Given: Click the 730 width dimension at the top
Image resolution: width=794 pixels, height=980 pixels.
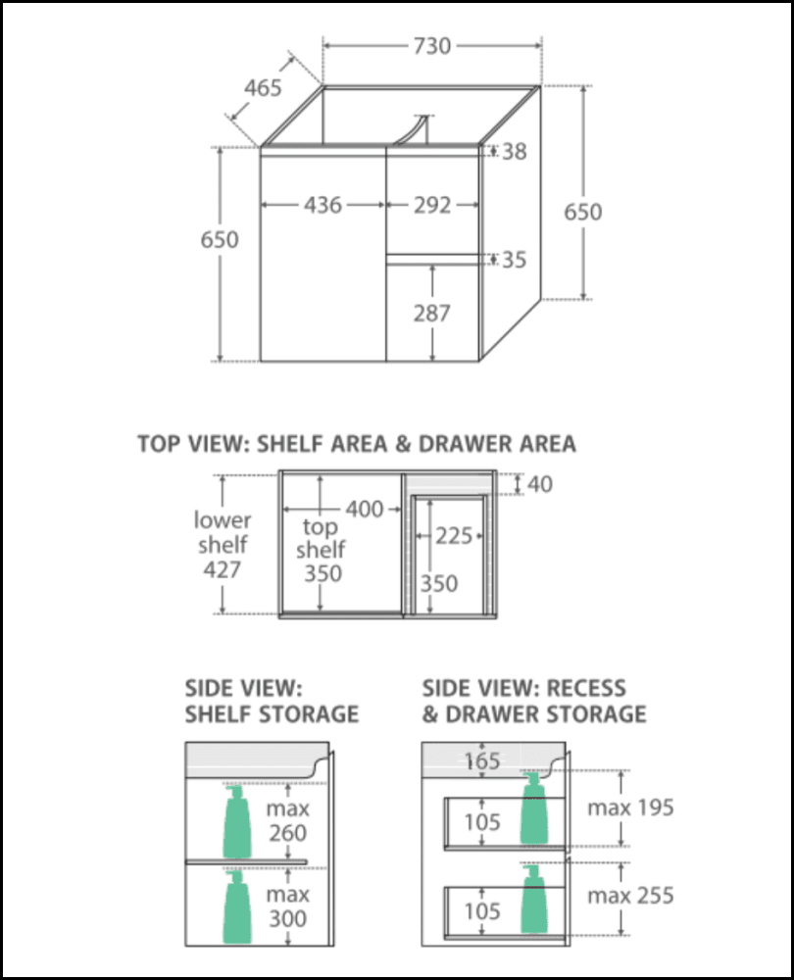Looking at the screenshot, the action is (x=432, y=46).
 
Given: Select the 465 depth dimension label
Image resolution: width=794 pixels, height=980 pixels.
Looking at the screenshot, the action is (x=263, y=87).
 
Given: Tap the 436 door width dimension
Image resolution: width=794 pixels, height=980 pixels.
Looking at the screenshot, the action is (x=323, y=205).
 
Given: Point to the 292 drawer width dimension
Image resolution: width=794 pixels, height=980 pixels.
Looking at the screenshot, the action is (x=432, y=205).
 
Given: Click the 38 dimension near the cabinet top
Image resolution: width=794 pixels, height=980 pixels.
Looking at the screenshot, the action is (x=515, y=151).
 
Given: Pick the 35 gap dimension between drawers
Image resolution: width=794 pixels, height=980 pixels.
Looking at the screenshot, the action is (x=515, y=260).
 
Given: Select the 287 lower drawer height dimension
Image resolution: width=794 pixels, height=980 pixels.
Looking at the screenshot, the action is (x=432, y=314).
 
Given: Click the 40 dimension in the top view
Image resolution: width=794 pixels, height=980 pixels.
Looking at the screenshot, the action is (x=540, y=484).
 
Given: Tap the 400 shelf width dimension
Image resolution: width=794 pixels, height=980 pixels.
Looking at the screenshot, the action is (x=365, y=510).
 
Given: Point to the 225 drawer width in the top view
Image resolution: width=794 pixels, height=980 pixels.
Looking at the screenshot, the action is (x=454, y=536).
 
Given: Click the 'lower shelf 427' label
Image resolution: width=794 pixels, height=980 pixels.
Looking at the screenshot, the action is (x=223, y=545).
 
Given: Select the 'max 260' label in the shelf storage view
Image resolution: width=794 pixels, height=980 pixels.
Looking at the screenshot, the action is (x=287, y=820).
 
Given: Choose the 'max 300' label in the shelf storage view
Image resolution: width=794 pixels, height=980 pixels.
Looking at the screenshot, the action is (x=287, y=906).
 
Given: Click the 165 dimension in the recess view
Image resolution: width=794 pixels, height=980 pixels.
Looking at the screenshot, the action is (x=482, y=761).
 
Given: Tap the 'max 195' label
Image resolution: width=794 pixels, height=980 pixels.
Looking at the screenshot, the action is (x=630, y=808).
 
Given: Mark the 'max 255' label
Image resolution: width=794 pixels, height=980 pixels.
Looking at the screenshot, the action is (x=630, y=896).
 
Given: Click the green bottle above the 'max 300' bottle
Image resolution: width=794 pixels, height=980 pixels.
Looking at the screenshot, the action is (x=237, y=822).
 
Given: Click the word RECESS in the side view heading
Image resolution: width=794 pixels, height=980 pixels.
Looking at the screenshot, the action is (x=586, y=688).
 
